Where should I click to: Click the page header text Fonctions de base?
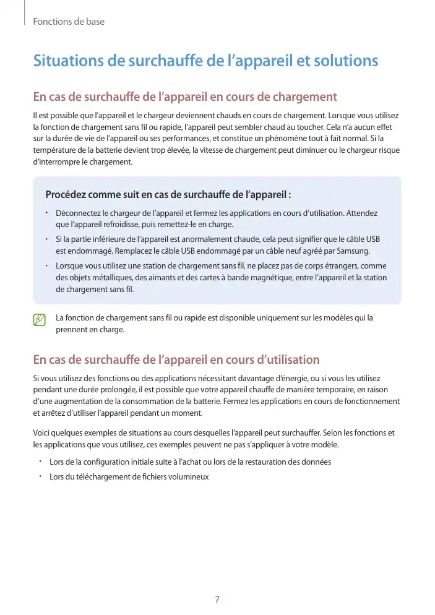pyautogui.click(x=69, y=22)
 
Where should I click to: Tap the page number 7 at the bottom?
pyautogui.click(x=217, y=599)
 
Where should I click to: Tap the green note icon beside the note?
pyautogui.click(x=40, y=320)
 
